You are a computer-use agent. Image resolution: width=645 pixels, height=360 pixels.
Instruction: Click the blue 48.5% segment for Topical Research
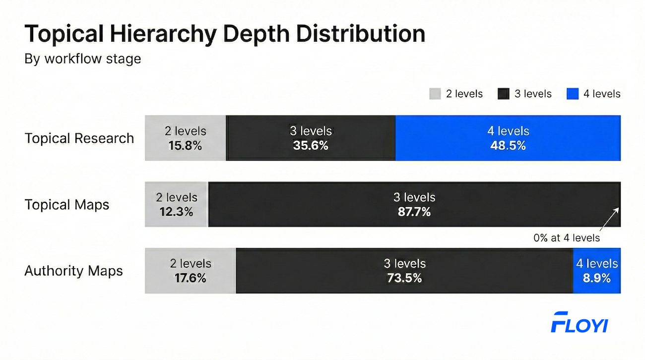click(508, 138)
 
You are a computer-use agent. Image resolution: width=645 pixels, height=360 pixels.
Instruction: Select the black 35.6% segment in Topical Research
click(311, 138)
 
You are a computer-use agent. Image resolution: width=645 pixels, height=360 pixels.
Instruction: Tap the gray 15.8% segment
click(185, 138)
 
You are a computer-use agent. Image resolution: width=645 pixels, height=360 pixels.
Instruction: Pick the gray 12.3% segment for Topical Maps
click(176, 204)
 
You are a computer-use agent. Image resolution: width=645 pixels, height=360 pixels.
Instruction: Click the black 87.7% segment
click(414, 204)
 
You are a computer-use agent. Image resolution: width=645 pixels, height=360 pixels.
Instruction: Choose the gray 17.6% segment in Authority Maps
click(190, 271)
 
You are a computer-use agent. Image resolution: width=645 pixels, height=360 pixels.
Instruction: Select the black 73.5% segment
click(404, 271)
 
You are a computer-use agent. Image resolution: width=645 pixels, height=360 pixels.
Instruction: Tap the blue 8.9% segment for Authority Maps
click(596, 271)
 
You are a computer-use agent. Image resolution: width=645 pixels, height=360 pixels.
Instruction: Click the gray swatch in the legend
click(435, 94)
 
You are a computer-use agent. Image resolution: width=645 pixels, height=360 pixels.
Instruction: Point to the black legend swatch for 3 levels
click(504, 94)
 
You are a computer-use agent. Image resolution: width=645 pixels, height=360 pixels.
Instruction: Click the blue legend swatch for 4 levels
click(572, 94)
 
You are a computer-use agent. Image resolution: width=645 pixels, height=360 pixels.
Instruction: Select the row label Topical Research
click(79, 138)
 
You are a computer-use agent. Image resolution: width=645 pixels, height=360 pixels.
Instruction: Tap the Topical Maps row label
click(67, 205)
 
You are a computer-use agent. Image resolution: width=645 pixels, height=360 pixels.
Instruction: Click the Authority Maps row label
click(74, 271)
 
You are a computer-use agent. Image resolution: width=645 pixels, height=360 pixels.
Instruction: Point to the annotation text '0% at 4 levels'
click(566, 238)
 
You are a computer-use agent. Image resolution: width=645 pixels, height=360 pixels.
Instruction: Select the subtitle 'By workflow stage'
click(83, 59)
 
